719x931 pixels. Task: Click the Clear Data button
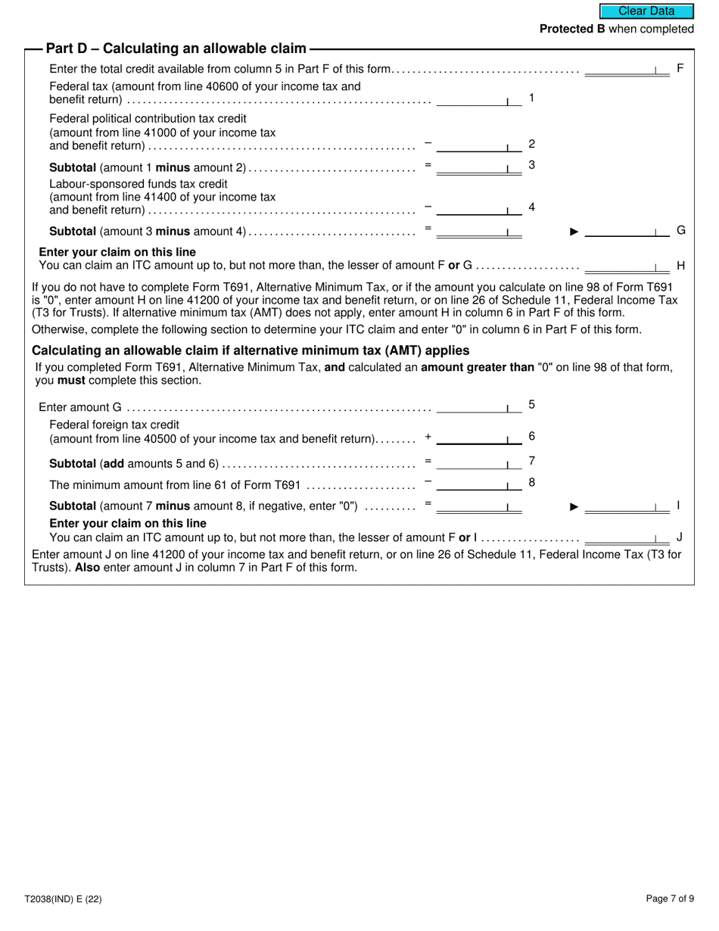tap(646, 11)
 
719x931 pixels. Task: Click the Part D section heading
tap(176, 48)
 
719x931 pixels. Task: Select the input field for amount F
tap(627, 69)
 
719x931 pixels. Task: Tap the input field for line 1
tap(479, 99)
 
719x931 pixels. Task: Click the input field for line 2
tap(479, 145)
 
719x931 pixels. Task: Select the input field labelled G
tap(627, 231)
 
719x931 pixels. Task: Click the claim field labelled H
tap(627, 266)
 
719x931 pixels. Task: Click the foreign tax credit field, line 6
tap(479, 438)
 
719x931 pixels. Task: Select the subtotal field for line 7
tap(479, 462)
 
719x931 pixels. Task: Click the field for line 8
tap(479, 484)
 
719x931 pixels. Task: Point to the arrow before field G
tap(574, 232)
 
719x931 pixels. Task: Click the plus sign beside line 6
tap(428, 437)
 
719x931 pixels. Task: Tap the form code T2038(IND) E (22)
tap(63, 899)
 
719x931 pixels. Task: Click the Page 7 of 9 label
tap(670, 899)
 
